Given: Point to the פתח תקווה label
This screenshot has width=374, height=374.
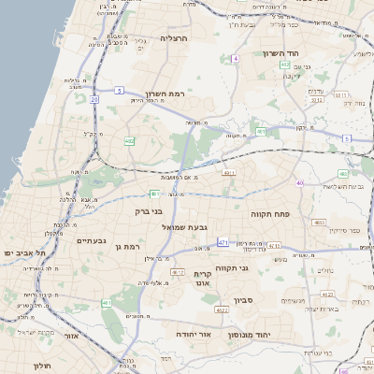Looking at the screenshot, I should tap(271, 214).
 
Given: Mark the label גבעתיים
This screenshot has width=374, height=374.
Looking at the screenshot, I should tap(90, 240).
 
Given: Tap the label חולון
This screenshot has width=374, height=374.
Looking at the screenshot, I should tap(39, 366).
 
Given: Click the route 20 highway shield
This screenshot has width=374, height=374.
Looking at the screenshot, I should tap(93, 98).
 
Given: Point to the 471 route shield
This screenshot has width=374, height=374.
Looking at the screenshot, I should tap(223, 243).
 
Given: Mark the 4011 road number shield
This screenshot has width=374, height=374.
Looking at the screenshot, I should tap(228, 173).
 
